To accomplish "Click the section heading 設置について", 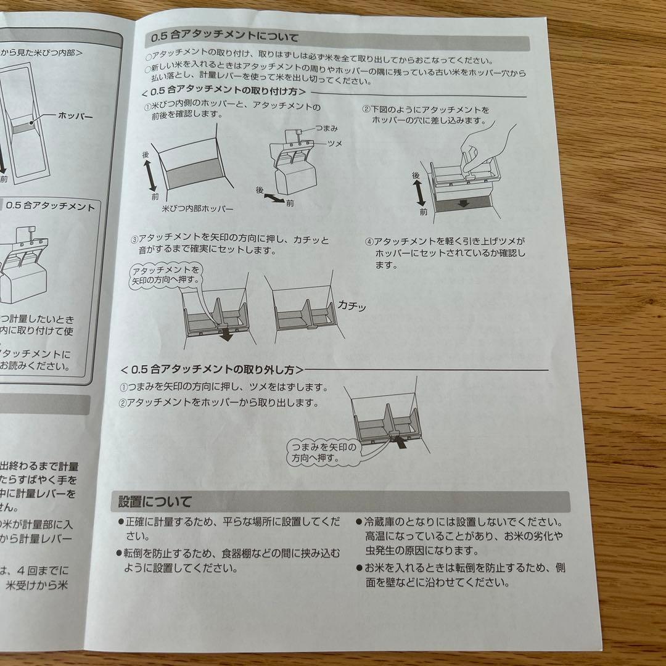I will pos(155,501).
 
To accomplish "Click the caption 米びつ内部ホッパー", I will pos(193,209).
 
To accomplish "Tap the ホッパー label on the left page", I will pos(76,115).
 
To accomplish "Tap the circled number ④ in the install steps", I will pos(369,241).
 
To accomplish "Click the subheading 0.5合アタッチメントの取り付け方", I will pos(224,92).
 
